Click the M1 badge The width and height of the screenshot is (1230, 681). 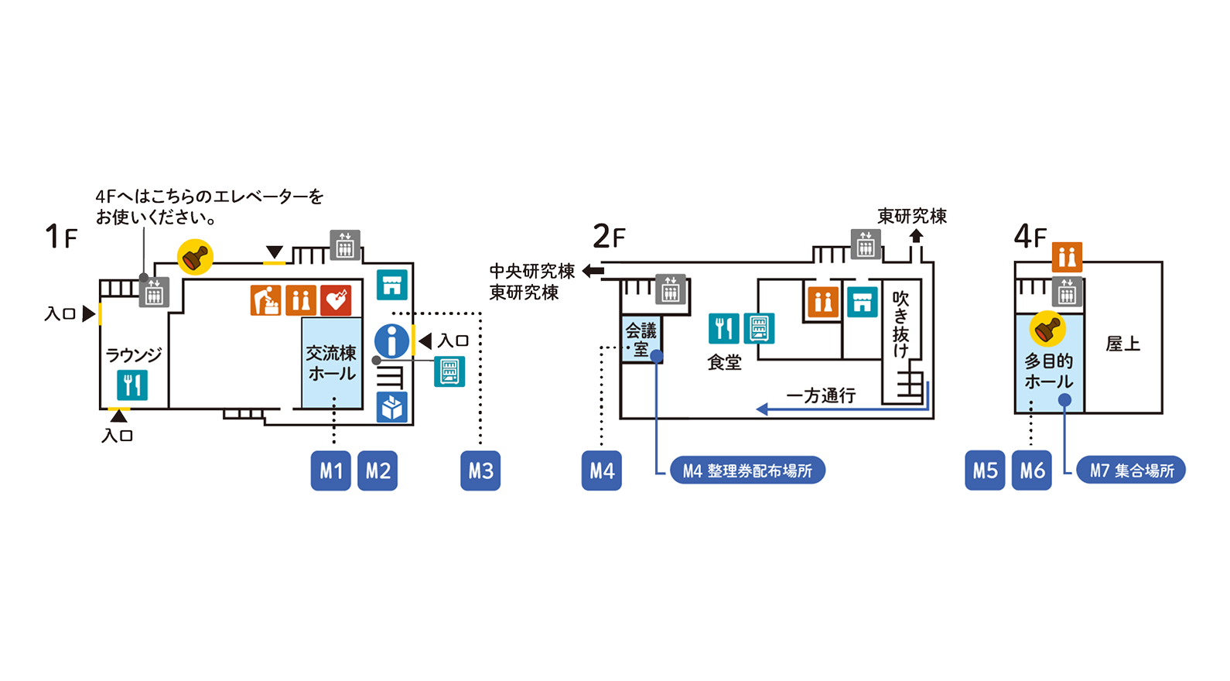pos(330,471)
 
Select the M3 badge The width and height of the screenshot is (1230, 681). pos(480,471)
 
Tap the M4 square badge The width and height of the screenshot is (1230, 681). pos(601,471)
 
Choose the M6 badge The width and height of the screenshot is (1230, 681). pos(1031,471)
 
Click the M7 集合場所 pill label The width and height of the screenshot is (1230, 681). pos(1131,470)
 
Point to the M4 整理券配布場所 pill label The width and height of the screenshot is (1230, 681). pos(747,471)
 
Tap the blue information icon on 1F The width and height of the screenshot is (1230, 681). pos(392,340)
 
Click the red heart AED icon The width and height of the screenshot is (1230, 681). pos(337,300)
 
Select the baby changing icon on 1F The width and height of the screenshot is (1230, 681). pos(265,300)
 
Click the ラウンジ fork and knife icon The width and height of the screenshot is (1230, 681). pos(132,385)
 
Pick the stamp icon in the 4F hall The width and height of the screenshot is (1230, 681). pos(1047,329)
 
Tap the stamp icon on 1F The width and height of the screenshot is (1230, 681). pos(195,256)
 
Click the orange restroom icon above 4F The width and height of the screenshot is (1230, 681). pos(1067,256)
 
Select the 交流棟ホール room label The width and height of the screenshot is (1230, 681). pos(331,363)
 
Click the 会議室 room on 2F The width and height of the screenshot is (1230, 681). pos(641,339)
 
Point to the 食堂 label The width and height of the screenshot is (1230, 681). pos(724,361)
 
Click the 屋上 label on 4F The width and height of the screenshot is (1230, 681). pos(1122,344)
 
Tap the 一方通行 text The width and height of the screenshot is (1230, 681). pos(821,395)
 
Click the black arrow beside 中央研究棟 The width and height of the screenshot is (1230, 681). pos(593,271)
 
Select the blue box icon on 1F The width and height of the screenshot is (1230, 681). pos(392,407)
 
